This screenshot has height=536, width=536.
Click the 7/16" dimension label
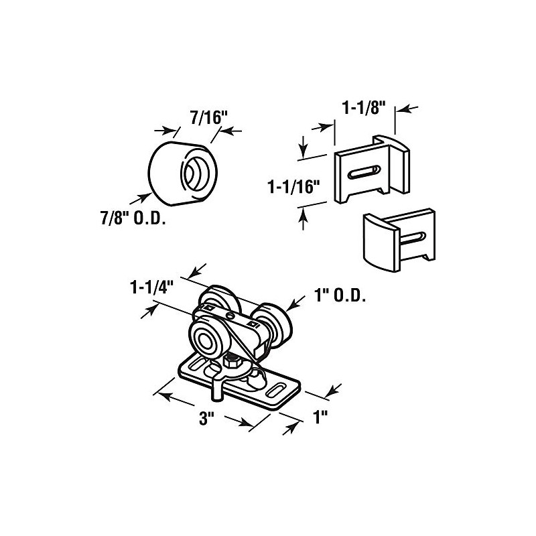point(208,119)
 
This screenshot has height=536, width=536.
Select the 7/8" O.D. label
point(133,218)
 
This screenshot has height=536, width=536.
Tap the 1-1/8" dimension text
point(364,109)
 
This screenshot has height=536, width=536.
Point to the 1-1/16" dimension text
point(293,187)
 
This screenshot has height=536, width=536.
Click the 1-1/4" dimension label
point(149,287)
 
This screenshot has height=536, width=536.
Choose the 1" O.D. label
point(340,296)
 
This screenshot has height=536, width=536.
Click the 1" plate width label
point(320,417)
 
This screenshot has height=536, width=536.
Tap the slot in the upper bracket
point(364,172)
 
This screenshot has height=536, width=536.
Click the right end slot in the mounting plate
point(276,390)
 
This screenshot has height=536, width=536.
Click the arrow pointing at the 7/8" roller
point(141,198)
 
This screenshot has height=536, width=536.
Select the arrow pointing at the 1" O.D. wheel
point(295,304)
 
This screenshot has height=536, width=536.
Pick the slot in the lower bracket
point(413,239)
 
